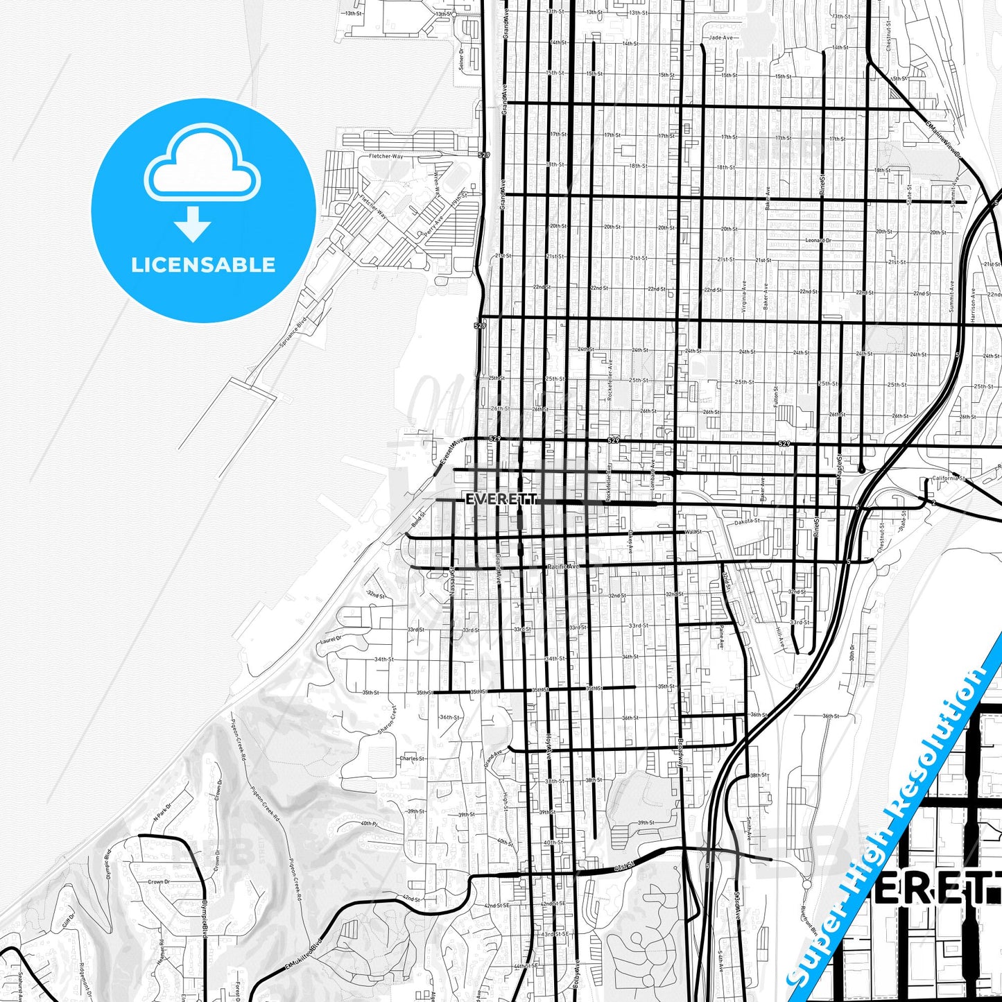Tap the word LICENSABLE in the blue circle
tap(203, 265)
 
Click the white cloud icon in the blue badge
tap(202, 164)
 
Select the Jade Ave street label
tap(720, 37)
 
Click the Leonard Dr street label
tap(818, 241)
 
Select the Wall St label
tap(693, 532)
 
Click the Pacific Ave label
tap(562, 567)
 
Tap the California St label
tap(949, 478)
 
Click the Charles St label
tap(412, 759)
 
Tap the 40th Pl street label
tap(369, 823)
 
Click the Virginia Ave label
tap(744, 297)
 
